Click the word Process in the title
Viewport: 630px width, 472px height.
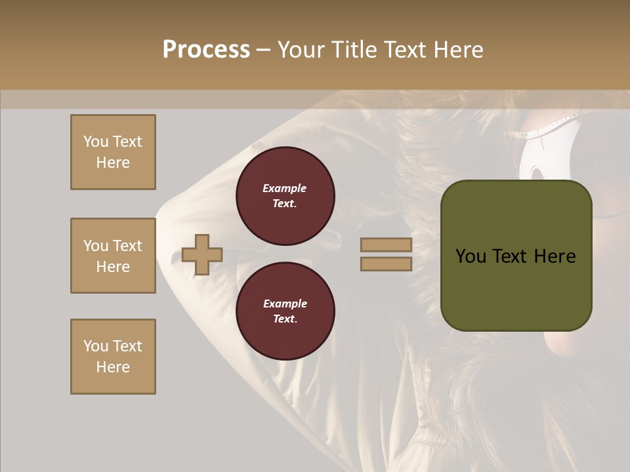point(206,49)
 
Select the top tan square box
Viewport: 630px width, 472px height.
point(113,152)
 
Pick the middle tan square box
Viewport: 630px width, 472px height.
point(113,256)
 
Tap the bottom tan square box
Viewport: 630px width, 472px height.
point(113,357)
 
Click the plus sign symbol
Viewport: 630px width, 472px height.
point(202,254)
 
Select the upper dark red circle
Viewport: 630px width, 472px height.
point(285,196)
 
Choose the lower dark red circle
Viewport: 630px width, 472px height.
point(285,311)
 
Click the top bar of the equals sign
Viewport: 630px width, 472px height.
point(386,245)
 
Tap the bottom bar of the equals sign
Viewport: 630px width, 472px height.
point(386,264)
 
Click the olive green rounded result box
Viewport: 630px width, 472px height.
point(516,256)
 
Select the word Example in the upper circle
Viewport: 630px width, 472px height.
point(285,188)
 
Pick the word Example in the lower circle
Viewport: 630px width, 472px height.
point(285,304)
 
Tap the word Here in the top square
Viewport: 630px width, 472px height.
point(113,163)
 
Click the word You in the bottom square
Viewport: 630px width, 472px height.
point(96,346)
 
